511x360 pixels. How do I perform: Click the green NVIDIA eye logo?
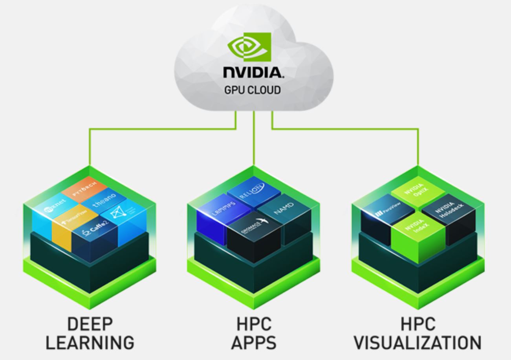pyautogui.click(x=250, y=47)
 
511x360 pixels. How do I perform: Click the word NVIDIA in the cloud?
pyautogui.click(x=253, y=72)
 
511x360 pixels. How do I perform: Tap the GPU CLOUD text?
pyautogui.click(x=253, y=90)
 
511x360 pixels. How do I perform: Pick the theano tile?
pyautogui.click(x=104, y=200)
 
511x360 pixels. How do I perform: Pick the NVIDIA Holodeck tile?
pyautogui.click(x=449, y=209)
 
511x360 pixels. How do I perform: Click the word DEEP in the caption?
pyautogui.click(x=90, y=325)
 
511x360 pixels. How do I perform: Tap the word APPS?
pyautogui.click(x=254, y=343)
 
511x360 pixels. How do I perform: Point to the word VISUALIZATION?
pyautogui.click(x=418, y=343)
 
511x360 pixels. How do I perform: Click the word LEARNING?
pyautogui.click(x=90, y=343)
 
